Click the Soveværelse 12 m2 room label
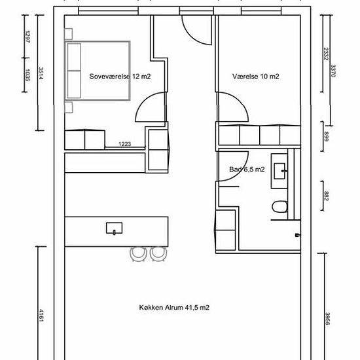[x=120, y=77]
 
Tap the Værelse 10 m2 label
[x=255, y=77]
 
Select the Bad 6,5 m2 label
[x=247, y=170]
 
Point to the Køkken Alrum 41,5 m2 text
[x=174, y=308]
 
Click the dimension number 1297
[x=27, y=37]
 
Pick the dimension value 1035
[x=27, y=75]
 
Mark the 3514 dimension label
[x=41, y=73]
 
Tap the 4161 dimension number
[x=41, y=315]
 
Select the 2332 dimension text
[x=325, y=54]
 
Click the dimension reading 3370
[x=333, y=71]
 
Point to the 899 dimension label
[x=326, y=136]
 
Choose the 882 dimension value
[x=326, y=196]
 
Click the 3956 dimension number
[x=327, y=319]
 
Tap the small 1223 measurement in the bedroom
[x=124, y=144]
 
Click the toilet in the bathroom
[x=279, y=207]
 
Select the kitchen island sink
[x=114, y=228]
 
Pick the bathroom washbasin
[x=280, y=171]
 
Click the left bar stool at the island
[x=138, y=254]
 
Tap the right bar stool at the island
[x=158, y=254]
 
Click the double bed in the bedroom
[x=98, y=71]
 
